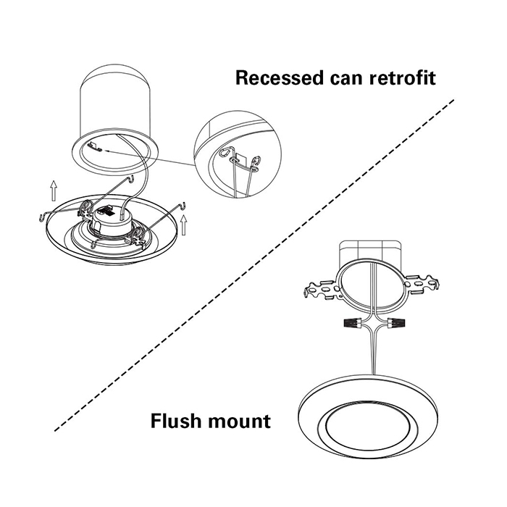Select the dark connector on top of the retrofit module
[x=104, y=213]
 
